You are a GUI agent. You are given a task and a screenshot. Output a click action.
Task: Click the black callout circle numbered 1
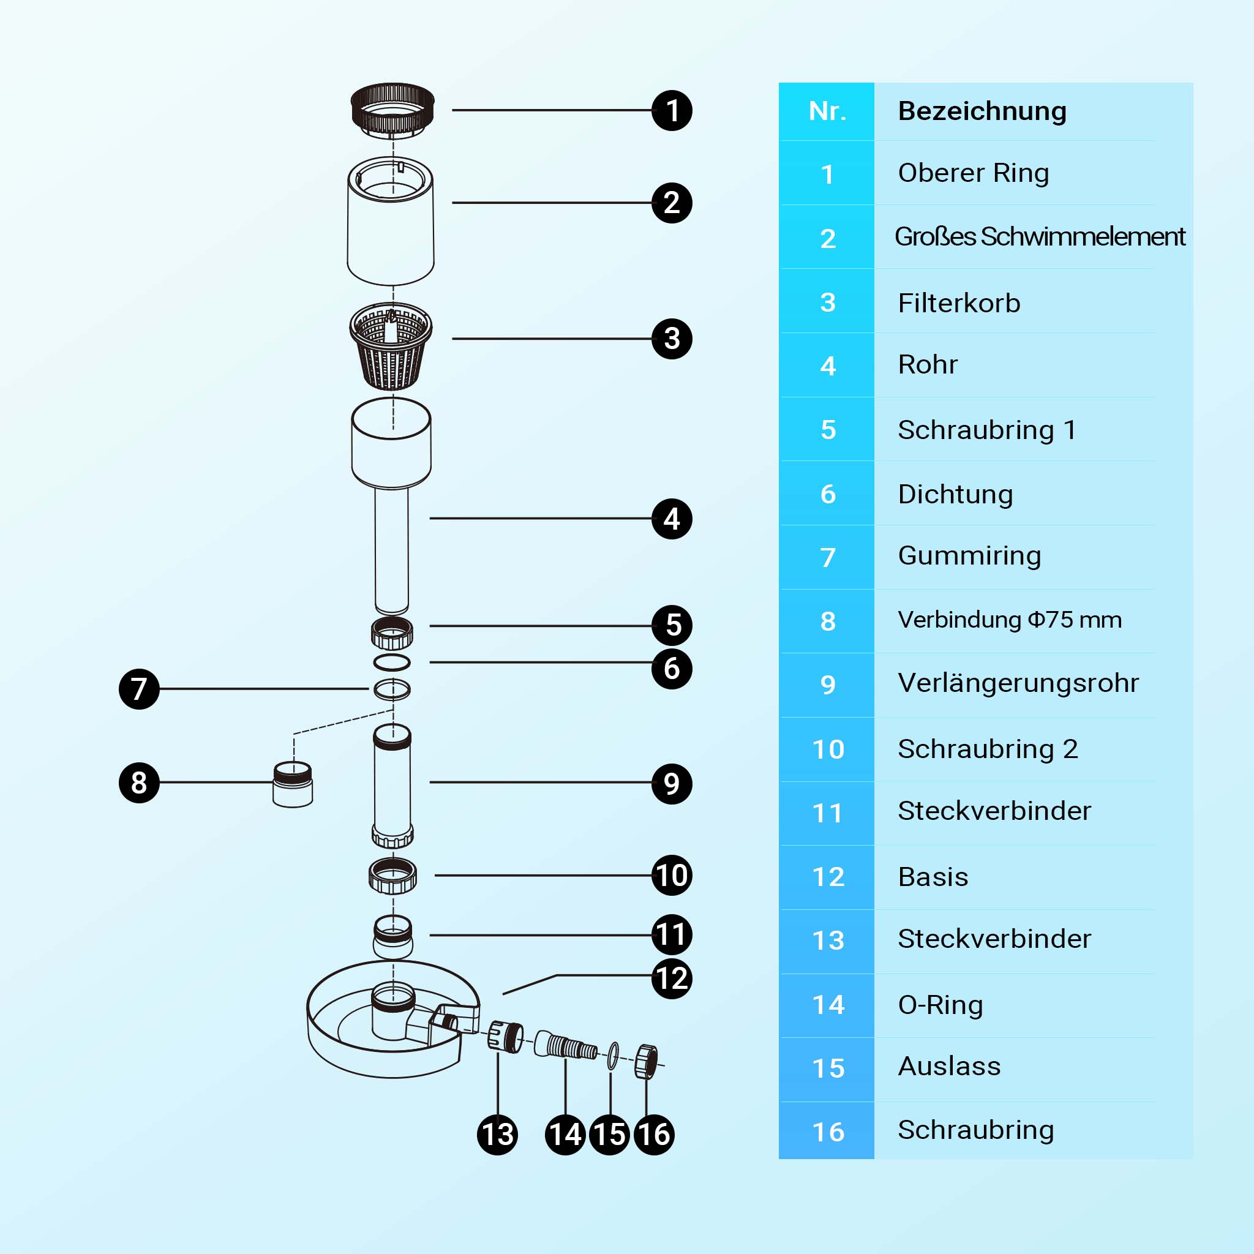pyautogui.click(x=672, y=110)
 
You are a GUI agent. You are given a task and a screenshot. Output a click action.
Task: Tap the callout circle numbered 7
pyautogui.click(x=139, y=689)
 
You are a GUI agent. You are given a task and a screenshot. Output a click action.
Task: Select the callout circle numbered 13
pyautogui.click(x=497, y=1135)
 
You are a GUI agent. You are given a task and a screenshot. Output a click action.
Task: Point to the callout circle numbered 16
pyautogui.click(x=653, y=1135)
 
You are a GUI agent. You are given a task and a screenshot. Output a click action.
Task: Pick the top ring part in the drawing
pyautogui.click(x=392, y=110)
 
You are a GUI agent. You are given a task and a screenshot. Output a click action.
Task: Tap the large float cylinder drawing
pyautogui.click(x=391, y=220)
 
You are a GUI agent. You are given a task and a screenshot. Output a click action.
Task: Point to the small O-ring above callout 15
pyautogui.click(x=613, y=1056)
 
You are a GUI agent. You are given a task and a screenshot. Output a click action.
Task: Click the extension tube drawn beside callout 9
pyautogui.click(x=392, y=786)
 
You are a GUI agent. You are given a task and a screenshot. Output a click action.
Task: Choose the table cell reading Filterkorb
pyautogui.click(x=959, y=303)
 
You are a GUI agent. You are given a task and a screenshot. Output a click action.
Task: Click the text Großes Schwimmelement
pyautogui.click(x=1039, y=236)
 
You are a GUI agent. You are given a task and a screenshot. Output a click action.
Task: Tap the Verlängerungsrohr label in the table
pyautogui.click(x=1018, y=683)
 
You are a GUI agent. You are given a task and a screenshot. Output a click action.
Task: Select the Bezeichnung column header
pyautogui.click(x=982, y=111)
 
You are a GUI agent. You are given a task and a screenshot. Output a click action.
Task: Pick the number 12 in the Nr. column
pyautogui.click(x=828, y=877)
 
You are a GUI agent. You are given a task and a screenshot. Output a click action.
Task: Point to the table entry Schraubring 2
pyautogui.click(x=987, y=749)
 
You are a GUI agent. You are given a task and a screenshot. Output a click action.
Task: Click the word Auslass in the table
pyautogui.click(x=949, y=1067)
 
